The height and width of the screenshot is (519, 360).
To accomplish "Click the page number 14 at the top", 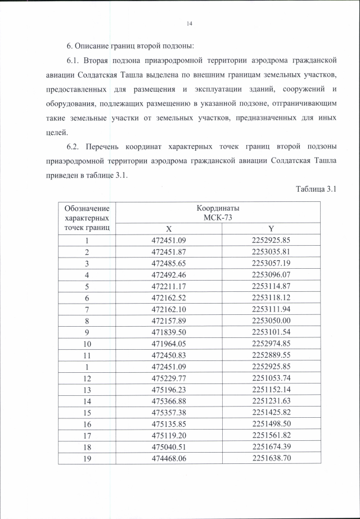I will pos(189,24).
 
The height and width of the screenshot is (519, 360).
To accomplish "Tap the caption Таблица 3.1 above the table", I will pos(316,189).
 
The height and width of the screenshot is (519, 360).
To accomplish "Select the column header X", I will pos(168,229).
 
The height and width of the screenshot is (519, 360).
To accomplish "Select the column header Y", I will pos(271,229).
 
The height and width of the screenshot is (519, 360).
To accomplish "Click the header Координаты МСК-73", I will pos(219,213).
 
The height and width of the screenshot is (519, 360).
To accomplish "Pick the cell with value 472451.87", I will pos(168,251).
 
